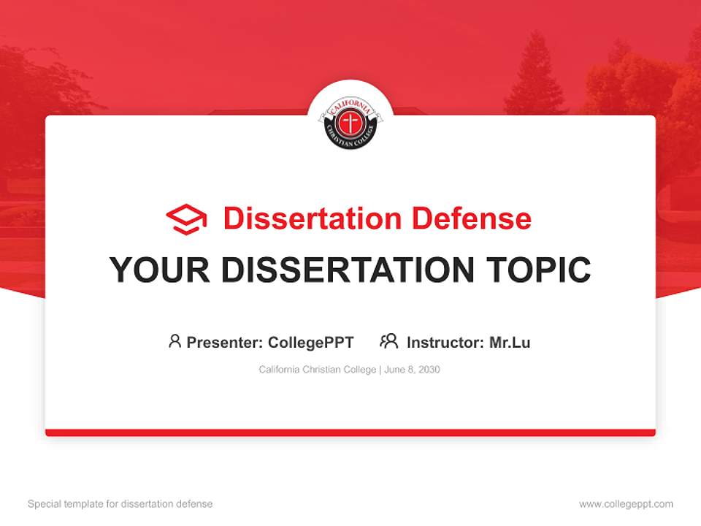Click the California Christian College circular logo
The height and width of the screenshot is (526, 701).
350,121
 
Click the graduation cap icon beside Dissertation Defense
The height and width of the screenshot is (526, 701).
186,218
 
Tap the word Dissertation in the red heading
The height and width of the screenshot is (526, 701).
312,218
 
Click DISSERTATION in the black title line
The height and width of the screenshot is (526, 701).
348,270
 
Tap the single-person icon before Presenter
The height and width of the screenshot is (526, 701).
175,341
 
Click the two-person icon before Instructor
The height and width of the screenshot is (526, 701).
389,341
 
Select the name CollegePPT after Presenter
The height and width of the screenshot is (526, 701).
311,342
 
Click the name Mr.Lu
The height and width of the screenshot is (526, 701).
510,342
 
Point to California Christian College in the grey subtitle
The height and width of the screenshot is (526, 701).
316,370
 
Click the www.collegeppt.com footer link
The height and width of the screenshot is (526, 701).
626,504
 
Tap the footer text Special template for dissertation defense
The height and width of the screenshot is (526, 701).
120,504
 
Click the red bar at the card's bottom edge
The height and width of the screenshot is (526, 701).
350,432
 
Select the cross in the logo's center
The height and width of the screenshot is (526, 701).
350,123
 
